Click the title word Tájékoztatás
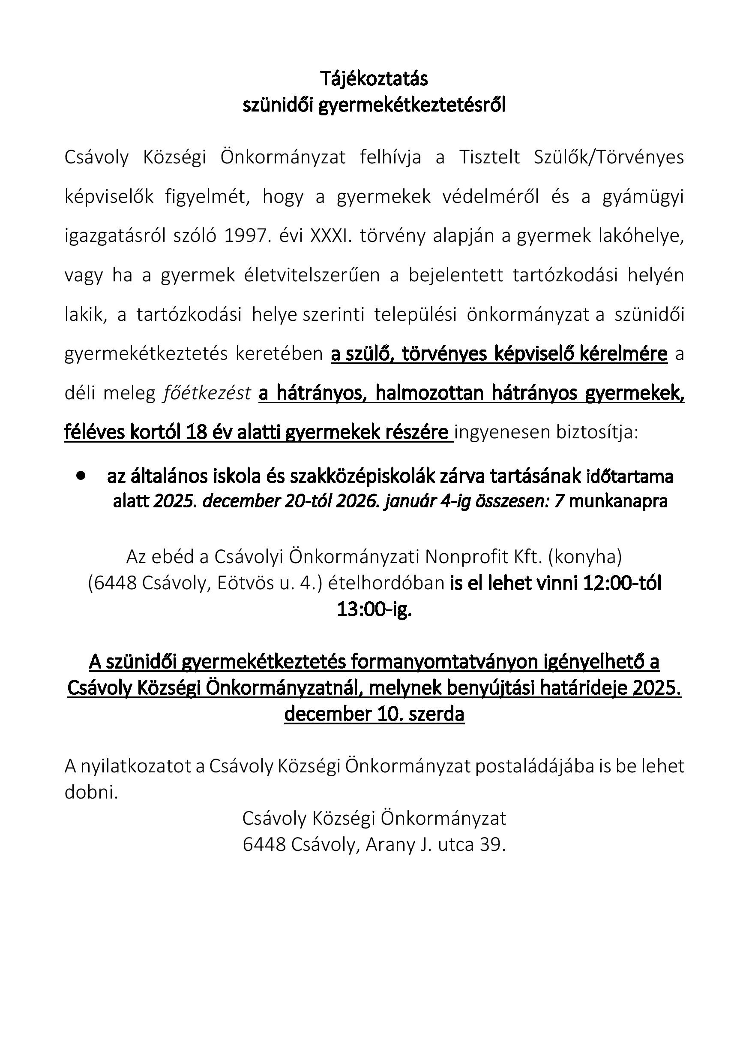coord(374,79)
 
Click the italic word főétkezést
coord(207,393)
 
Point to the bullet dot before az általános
coord(82,476)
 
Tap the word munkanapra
coord(618,501)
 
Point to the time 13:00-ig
coord(374,609)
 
